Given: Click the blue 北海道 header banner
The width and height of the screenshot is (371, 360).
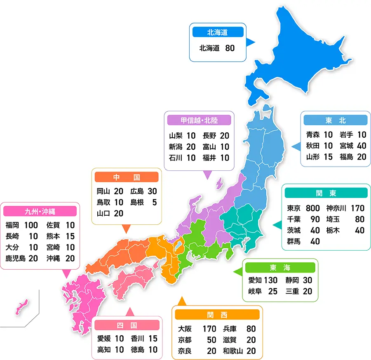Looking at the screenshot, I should (x=217, y=32).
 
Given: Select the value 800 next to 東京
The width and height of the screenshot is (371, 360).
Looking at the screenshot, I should (x=312, y=208).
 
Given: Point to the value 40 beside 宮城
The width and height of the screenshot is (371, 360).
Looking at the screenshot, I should (x=361, y=146).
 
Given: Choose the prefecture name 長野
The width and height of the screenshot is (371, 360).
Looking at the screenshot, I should (x=209, y=136).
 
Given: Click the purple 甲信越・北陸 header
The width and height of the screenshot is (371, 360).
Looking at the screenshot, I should (x=199, y=120).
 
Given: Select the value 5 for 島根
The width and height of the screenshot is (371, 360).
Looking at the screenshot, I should (x=155, y=202).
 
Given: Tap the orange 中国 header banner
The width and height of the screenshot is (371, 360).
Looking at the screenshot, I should (x=127, y=177).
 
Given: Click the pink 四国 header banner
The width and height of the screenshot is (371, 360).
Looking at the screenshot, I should (x=127, y=325).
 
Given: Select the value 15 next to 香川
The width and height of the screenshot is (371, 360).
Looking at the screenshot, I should (x=153, y=339).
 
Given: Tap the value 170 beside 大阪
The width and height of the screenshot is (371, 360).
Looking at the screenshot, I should (x=209, y=329).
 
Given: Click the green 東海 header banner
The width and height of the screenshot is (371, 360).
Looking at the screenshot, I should (x=280, y=268).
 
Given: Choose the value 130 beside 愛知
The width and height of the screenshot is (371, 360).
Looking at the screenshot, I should (x=271, y=280).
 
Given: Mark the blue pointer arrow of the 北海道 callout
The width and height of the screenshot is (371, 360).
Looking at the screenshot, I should (x=251, y=42).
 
